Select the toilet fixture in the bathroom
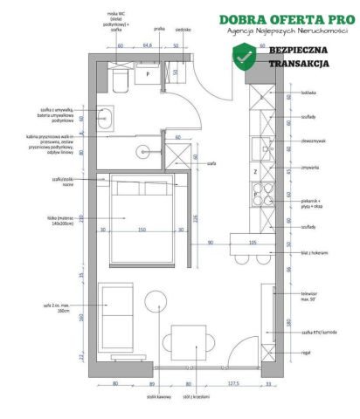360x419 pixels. click(120, 81)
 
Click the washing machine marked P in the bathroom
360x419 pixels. click(148, 75)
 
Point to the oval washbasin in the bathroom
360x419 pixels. click(107, 118)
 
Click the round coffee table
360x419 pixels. click(155, 301)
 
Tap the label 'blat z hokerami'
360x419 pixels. click(314, 252)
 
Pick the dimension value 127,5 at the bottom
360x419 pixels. click(234, 381)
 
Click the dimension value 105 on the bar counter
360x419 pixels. click(253, 242)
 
